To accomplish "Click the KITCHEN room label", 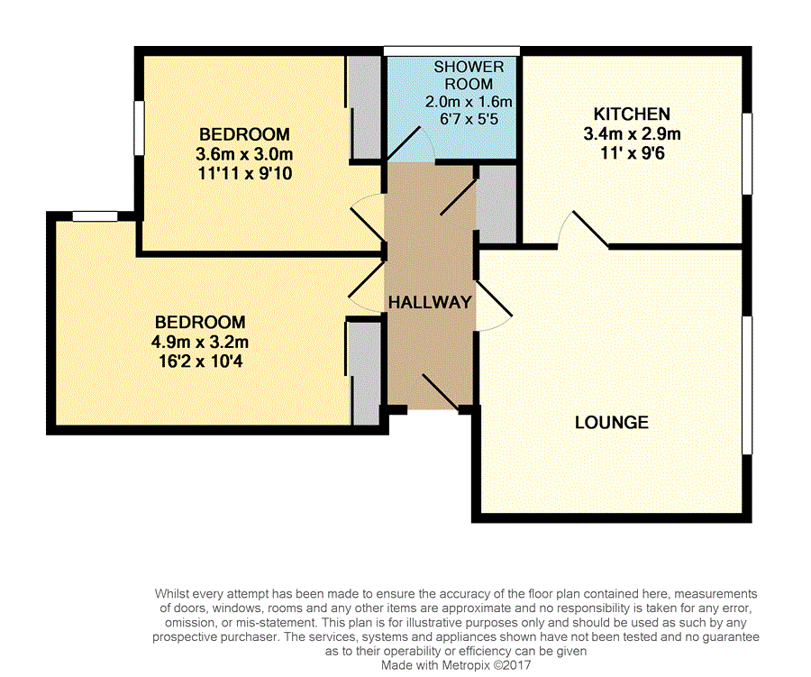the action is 632,114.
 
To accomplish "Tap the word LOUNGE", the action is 611,423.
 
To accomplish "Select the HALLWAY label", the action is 430,302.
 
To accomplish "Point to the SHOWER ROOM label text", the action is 469,75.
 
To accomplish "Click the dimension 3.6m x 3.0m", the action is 244,154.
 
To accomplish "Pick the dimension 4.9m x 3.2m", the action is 200,342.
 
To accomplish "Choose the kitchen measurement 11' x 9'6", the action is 632,153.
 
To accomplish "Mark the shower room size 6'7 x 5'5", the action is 469,119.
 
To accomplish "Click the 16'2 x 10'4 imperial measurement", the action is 200,361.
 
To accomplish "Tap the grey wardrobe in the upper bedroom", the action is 365,107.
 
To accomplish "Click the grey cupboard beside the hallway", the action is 497,204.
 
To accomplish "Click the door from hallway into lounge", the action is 494,306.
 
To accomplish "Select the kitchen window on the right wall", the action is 747,154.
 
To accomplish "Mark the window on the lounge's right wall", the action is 747,386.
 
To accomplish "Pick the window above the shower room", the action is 451,50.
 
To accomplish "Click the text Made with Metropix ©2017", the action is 456,665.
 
